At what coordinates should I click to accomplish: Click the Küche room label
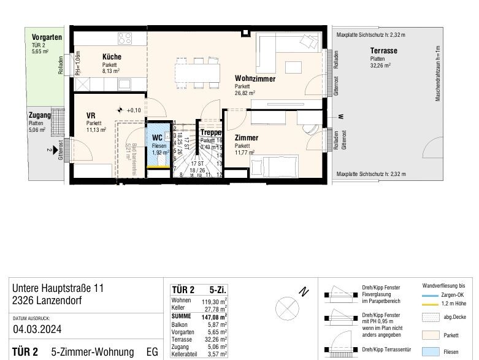pyautogui.click(x=112, y=57)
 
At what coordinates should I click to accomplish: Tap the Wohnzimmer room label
pyautogui.click(x=255, y=79)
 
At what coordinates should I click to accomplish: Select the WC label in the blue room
pyautogui.click(x=157, y=138)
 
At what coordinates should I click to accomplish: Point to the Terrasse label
pyautogui.click(x=383, y=51)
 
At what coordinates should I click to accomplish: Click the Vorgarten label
pyautogui.click(x=47, y=37)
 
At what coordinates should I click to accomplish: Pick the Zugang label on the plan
pyautogui.click(x=39, y=115)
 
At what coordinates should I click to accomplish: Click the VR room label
pyautogui.click(x=90, y=115)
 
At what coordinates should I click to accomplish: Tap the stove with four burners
pyautogui.click(x=125, y=38)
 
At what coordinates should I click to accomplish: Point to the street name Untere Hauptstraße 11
pyautogui.click(x=58, y=288)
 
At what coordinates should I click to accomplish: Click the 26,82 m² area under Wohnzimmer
pyautogui.click(x=245, y=94)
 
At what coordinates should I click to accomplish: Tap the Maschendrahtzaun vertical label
pyautogui.click(x=438, y=73)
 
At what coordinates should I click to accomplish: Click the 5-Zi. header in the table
pyautogui.click(x=217, y=290)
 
